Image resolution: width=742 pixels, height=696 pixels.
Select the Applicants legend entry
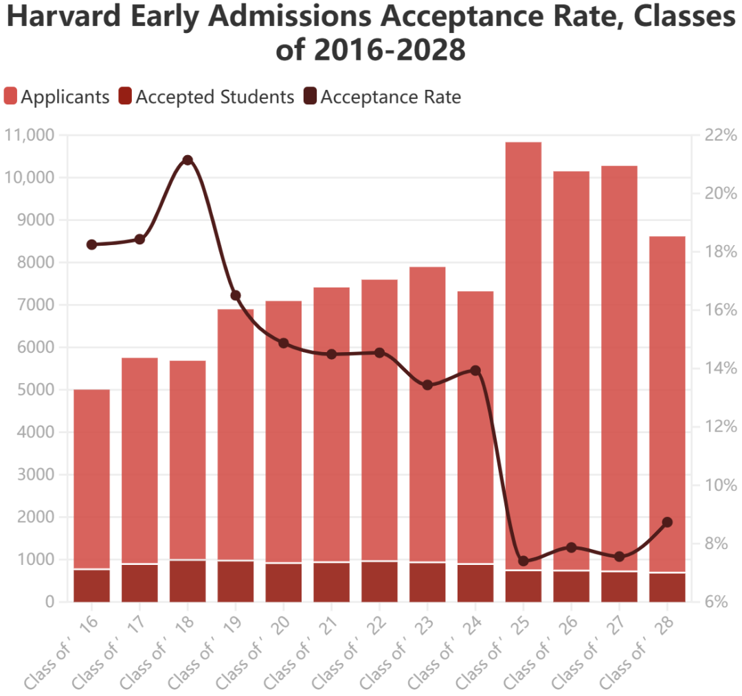pos(57,97)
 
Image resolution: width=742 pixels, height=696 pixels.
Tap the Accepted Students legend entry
pos(206,97)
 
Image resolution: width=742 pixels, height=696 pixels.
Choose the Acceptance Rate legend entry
pos(381,97)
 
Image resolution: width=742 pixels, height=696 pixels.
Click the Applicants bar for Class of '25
pos(524,343)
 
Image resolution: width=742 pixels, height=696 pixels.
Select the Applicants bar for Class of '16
pos(91,474)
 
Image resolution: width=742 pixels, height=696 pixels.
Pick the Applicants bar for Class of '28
pos(667,398)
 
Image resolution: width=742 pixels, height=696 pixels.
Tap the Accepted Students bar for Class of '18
pos(188,581)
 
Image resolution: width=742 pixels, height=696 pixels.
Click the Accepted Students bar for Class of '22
pos(379,582)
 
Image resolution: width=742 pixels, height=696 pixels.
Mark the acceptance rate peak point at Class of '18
pos(188,160)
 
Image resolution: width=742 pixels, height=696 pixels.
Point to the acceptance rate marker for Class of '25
pos(524,561)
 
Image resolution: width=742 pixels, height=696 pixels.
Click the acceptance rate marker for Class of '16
pos(91,244)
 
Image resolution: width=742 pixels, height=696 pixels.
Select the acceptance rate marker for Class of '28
pos(667,522)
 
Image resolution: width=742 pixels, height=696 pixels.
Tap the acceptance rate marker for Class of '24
pos(475,371)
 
